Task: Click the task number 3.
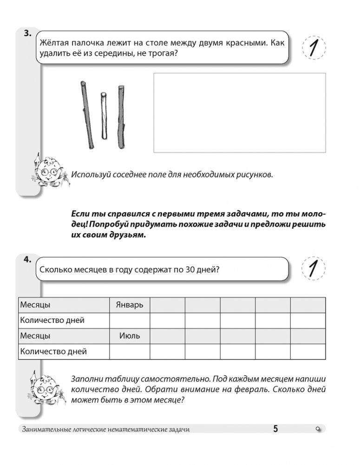[26, 33]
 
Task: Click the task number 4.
[26, 260]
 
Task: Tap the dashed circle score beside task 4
[314, 268]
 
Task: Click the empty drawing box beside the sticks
[239, 112]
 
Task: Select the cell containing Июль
[129, 335]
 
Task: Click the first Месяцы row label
[35, 305]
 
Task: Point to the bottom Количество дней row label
[53, 351]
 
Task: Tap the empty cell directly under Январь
[129, 320]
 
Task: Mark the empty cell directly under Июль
[129, 351]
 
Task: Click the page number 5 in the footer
[275, 429]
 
